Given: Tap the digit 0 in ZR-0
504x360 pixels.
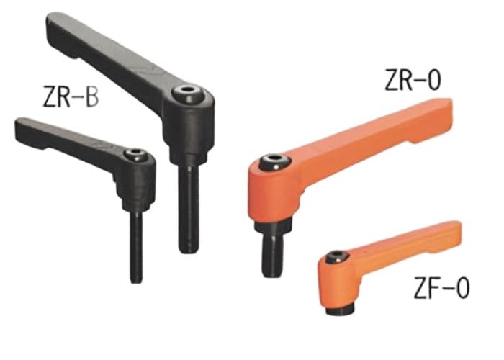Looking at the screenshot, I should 431,81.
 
